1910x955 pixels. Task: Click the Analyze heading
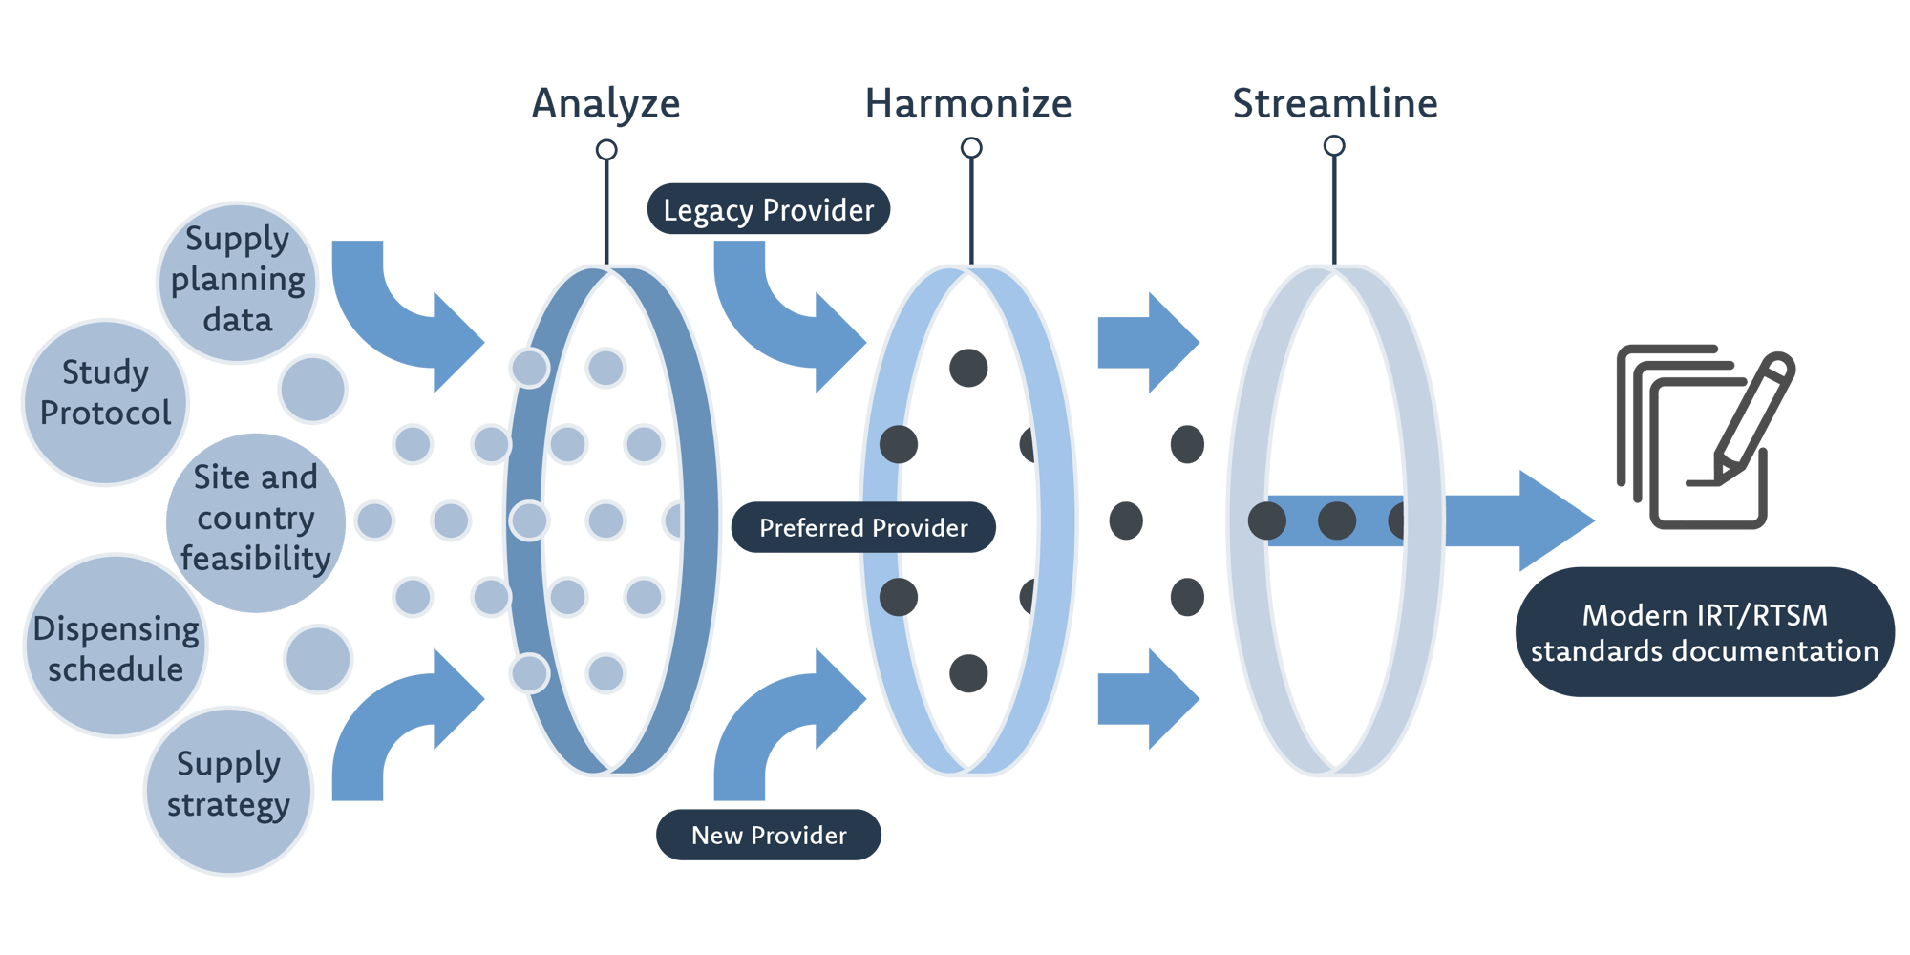605,103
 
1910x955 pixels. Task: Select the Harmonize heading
967,103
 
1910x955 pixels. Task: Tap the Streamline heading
1334,103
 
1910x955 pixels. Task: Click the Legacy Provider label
768,209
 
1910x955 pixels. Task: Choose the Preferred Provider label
862,527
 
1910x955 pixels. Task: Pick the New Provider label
768,835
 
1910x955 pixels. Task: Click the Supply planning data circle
237,282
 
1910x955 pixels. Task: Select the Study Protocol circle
105,401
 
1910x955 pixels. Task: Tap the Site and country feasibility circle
255,521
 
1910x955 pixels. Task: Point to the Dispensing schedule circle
116,647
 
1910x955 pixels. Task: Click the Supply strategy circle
228,791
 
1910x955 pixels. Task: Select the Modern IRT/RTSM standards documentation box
1704,632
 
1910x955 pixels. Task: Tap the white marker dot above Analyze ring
605,150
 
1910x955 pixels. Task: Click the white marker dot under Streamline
1334,146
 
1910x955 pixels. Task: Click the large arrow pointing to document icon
1528,520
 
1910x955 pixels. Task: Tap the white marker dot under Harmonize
970,148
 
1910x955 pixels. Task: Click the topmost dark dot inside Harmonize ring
968,368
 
